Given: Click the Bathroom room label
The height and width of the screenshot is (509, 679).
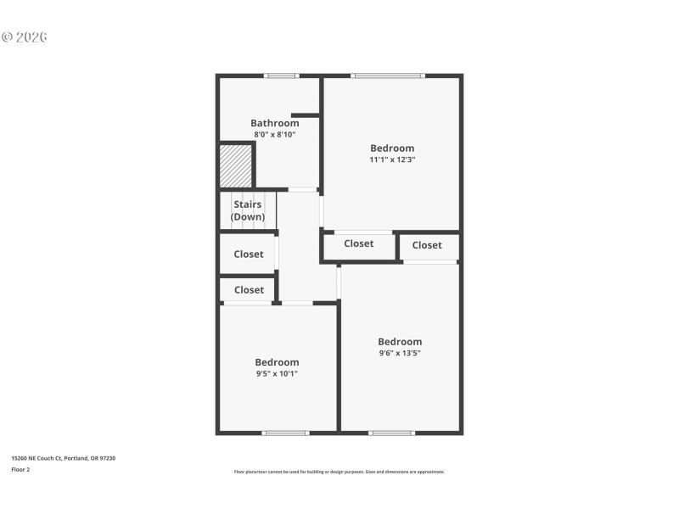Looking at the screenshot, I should click(274, 123).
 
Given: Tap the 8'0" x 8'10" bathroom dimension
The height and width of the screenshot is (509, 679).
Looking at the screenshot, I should click(274, 134).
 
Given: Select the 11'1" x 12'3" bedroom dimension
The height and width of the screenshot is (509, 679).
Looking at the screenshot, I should click(392, 159).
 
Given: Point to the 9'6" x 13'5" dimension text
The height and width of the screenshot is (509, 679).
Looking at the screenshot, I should click(400, 353).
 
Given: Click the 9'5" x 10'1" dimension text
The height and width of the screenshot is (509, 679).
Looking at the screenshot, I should click(277, 373).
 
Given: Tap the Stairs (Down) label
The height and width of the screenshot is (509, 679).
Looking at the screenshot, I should click(248, 210).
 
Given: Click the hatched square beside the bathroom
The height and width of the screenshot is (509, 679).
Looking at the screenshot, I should click(236, 165).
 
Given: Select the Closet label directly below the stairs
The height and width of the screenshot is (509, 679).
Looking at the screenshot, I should click(249, 254).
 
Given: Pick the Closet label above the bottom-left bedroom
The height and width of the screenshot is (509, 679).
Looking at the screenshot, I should click(249, 289).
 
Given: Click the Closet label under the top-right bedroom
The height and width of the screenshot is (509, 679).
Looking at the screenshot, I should click(359, 243).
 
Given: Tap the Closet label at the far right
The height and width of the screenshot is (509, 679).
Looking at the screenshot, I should click(427, 245).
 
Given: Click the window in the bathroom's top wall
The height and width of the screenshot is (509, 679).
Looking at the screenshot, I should click(281, 76).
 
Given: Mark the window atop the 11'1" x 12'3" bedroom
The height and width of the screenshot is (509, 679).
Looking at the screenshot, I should click(388, 76).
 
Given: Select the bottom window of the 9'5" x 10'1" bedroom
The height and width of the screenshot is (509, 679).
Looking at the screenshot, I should click(285, 433).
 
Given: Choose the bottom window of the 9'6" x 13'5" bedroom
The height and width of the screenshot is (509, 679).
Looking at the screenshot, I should click(392, 433).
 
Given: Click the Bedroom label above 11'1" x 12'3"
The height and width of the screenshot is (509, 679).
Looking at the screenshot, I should click(392, 148).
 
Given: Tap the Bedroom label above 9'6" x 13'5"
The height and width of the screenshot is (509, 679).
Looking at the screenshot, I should click(400, 342).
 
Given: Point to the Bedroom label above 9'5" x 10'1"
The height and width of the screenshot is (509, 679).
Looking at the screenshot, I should click(277, 362).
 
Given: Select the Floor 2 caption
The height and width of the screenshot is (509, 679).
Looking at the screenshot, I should click(20, 469).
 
